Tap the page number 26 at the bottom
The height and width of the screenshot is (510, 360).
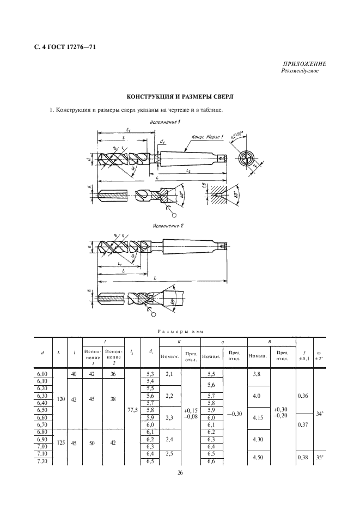point(180,473)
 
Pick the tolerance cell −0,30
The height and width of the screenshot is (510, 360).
point(235,415)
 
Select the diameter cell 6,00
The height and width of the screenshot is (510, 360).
point(42,373)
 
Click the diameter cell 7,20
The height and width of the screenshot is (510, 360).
point(42,462)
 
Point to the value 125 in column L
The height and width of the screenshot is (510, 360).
point(61,444)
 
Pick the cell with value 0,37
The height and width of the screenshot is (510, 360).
point(303,424)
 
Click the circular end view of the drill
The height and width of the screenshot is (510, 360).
point(247,159)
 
